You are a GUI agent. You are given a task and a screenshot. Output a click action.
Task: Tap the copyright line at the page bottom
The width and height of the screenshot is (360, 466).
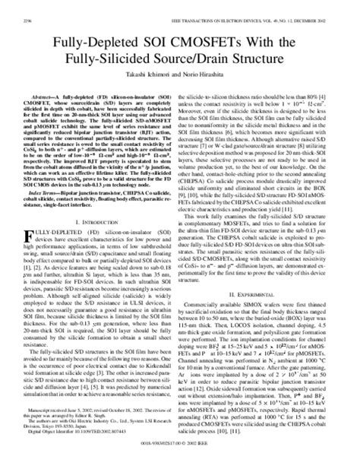click(x=179, y=460)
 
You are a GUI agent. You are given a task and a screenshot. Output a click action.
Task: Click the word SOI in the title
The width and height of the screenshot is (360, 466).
click(x=180, y=37)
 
